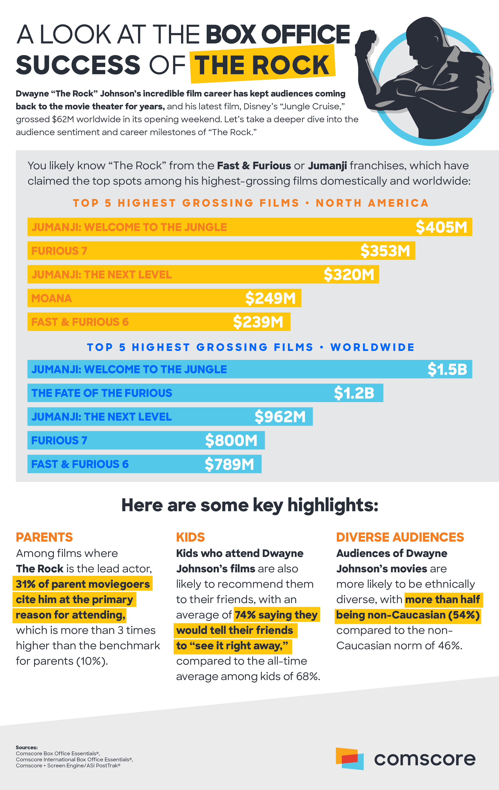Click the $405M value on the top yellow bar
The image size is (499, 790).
click(x=441, y=227)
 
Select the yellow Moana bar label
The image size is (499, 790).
click(x=52, y=298)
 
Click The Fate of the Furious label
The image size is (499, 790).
click(x=102, y=393)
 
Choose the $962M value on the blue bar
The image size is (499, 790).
click(x=280, y=417)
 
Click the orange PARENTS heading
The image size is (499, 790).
click(x=44, y=537)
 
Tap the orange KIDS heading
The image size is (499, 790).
click(x=190, y=537)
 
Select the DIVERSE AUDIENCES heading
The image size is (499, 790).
click(x=400, y=537)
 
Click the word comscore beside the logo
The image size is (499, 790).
click(x=425, y=759)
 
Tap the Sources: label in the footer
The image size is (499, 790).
click(x=27, y=747)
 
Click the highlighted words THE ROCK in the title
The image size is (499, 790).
click(x=262, y=65)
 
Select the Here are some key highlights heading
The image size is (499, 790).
click(x=250, y=505)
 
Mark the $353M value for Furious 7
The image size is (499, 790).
click(x=385, y=251)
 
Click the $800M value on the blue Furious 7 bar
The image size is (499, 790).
click(x=231, y=440)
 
